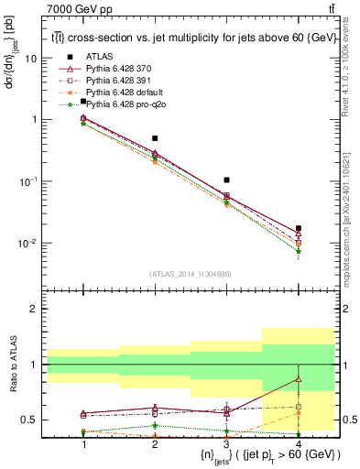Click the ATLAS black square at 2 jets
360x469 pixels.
click(155, 138)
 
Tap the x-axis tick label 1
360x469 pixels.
click(83, 444)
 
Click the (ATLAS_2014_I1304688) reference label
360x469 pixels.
click(190, 273)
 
